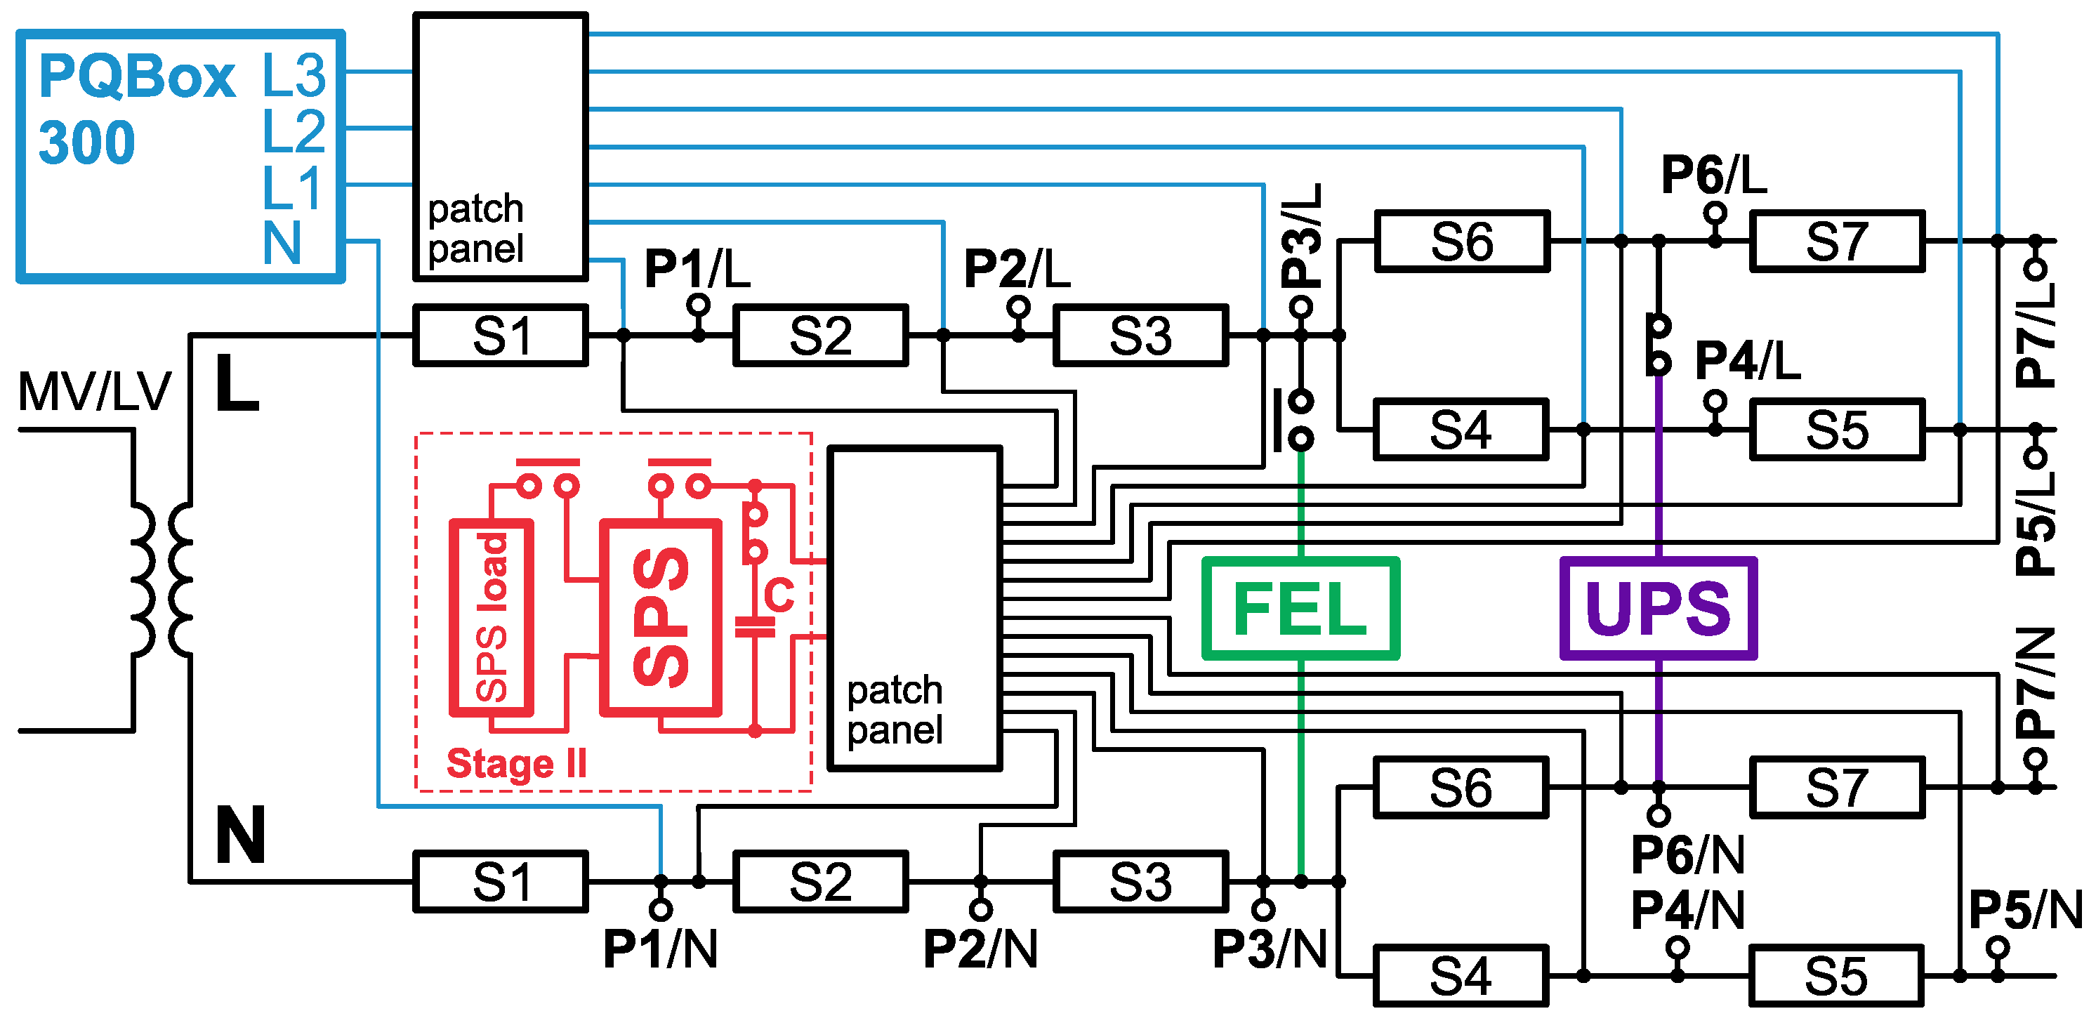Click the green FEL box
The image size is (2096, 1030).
coord(1300,608)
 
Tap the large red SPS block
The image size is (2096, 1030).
coord(660,618)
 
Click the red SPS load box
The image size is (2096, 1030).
coord(492,618)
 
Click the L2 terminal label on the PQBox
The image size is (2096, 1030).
coord(294,130)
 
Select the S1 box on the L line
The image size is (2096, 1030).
coord(501,335)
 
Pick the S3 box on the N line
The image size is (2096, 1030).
coord(1140,881)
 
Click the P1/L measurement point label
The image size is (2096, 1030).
coord(697,268)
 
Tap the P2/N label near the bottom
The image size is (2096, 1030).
coord(980,948)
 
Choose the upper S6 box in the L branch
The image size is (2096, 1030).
coord(1461,241)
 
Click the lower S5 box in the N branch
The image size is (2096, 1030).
coord(1835,975)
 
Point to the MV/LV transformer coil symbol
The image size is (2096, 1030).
coord(161,579)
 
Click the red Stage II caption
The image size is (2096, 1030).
coord(516,763)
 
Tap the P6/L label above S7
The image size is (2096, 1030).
coord(1713,174)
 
